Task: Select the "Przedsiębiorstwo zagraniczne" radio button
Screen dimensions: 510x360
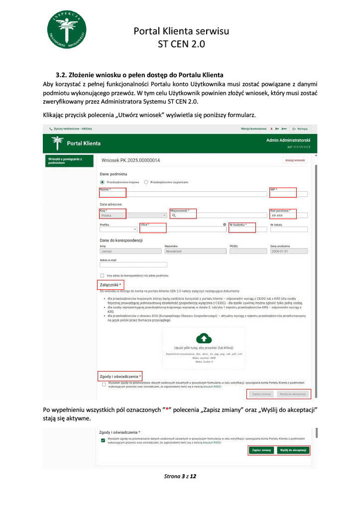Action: point(146,182)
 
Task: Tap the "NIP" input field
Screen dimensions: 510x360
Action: point(288,195)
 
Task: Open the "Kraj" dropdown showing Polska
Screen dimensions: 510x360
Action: point(133,216)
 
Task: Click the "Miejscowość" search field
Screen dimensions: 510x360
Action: point(217,216)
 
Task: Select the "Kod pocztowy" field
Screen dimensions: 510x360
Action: point(288,216)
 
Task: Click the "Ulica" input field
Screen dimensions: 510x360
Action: point(182,230)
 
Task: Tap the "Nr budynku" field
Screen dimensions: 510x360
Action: point(246,230)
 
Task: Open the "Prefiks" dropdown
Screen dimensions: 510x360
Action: point(119,230)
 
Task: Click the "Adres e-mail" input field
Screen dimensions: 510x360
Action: point(126,264)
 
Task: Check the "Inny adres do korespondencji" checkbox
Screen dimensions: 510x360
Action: point(102,275)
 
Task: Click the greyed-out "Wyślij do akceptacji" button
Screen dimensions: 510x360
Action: point(293,394)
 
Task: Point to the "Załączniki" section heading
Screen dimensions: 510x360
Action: point(111,284)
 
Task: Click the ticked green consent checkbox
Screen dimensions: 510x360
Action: point(103,441)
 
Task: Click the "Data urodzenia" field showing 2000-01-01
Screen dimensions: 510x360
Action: point(288,252)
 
